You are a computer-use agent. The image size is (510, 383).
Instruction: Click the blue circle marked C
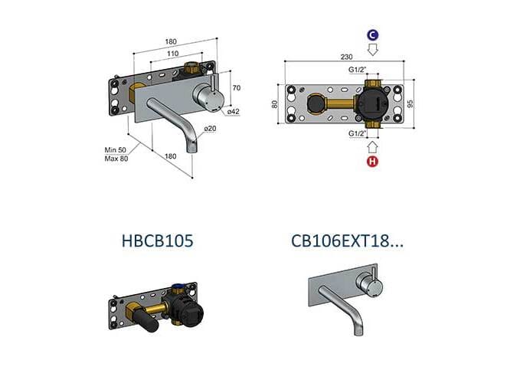click(x=372, y=35)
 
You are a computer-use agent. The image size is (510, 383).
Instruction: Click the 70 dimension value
click(x=236, y=88)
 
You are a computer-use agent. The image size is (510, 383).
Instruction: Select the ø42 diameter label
click(x=233, y=112)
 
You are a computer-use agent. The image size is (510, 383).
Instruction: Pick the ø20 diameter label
click(x=211, y=128)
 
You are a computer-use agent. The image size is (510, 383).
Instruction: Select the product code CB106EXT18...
click(x=347, y=241)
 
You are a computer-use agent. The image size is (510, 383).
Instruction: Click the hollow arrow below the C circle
click(x=372, y=51)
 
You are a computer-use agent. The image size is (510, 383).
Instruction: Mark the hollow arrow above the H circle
click(x=372, y=146)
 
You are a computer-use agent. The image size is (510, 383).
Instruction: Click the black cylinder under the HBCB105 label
click(x=148, y=317)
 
